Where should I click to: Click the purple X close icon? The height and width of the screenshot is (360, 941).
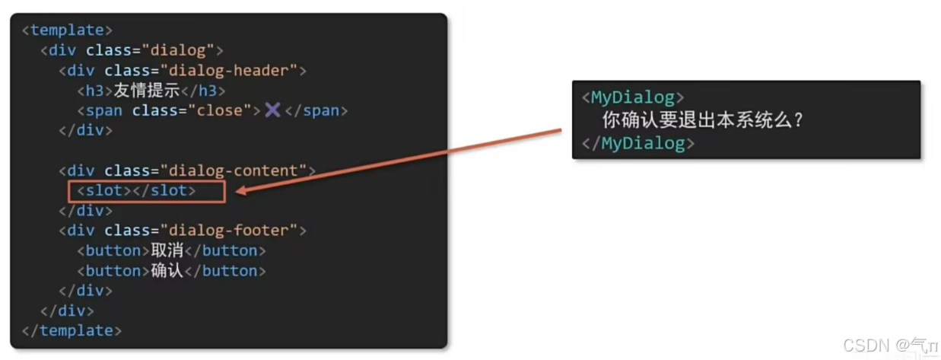[x=272, y=110]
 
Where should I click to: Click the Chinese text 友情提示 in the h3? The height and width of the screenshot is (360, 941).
[x=146, y=91]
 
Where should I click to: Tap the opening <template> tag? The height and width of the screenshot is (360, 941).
[x=67, y=30]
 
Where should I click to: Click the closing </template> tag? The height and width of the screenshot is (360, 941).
[x=72, y=330]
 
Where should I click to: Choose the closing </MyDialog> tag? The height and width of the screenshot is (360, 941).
[x=637, y=143]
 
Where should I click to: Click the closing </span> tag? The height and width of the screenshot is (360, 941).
[x=316, y=110]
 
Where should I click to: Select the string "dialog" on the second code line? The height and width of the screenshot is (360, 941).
[x=179, y=51]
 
